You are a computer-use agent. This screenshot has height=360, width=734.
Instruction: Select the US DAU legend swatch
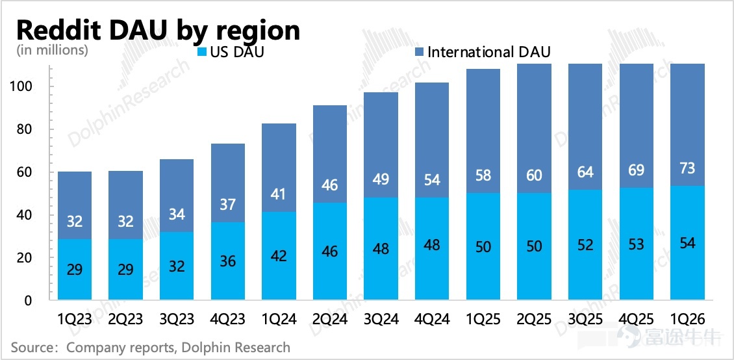pyautogui.click(x=203, y=52)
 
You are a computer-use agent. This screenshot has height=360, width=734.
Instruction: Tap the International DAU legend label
pyautogui.click(x=488, y=52)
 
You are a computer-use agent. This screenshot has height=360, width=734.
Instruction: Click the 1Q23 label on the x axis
pyautogui.click(x=75, y=320)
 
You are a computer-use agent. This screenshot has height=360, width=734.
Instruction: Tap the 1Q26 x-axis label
pyautogui.click(x=688, y=320)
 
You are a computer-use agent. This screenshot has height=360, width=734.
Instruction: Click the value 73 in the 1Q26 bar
pyautogui.click(x=687, y=168)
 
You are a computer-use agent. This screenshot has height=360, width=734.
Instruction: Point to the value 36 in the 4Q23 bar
pyautogui.click(x=227, y=261)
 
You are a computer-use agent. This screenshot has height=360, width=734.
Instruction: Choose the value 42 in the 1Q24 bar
pyautogui.click(x=279, y=256)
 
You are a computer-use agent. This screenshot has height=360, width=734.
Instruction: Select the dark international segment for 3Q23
pyautogui.click(x=177, y=196)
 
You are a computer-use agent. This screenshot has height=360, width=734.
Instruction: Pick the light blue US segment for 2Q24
pyautogui.click(x=330, y=251)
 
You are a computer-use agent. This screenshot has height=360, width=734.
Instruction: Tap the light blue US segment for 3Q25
pyautogui.click(x=585, y=244)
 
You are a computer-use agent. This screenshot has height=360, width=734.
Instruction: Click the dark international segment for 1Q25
pyautogui.click(x=483, y=131)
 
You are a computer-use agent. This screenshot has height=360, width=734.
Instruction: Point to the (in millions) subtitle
pyautogui.click(x=52, y=49)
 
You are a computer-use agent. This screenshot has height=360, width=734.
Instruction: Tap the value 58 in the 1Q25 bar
pyautogui.click(x=483, y=175)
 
